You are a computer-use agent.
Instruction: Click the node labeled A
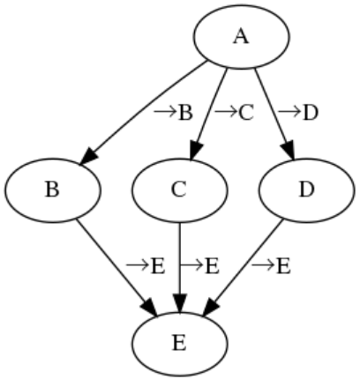pyautogui.click(x=242, y=37)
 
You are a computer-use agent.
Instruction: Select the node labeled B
pyautogui.click(x=52, y=190)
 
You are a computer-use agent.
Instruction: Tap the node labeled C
pyautogui.click(x=179, y=190)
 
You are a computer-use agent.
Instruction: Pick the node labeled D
pyautogui.click(x=307, y=190)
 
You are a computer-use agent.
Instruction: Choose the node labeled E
pyautogui.click(x=179, y=344)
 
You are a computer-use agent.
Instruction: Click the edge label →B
pyautogui.click(x=174, y=113)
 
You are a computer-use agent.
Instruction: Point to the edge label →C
pyautogui.click(x=234, y=113)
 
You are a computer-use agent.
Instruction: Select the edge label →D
pyautogui.click(x=298, y=113)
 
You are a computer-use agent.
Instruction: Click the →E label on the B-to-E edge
pyautogui.click(x=146, y=266)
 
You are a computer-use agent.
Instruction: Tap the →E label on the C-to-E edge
pyautogui.click(x=200, y=266)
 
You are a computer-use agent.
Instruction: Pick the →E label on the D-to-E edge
pyautogui.click(x=271, y=266)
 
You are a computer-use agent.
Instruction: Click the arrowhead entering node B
pyautogui.click(x=88, y=156)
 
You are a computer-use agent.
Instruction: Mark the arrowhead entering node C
pyautogui.click(x=196, y=151)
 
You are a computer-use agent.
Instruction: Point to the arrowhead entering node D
pyautogui.click(x=289, y=151)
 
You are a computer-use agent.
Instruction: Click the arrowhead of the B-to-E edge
pyautogui.click(x=150, y=308)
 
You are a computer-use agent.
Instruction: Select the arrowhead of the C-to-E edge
pyautogui.click(x=180, y=302)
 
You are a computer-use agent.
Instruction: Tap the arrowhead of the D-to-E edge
pyautogui.click(x=211, y=308)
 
